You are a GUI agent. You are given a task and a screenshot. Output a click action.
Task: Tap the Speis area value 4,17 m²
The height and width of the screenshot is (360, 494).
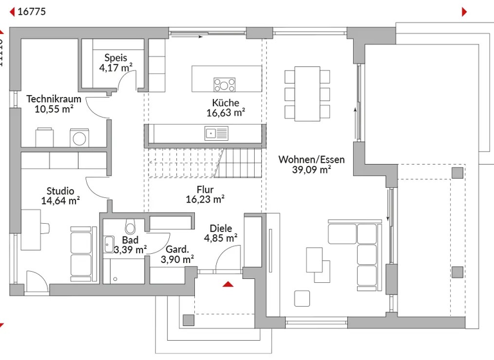click(116, 67)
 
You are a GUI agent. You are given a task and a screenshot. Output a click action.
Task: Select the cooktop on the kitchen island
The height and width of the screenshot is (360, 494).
click(224, 84)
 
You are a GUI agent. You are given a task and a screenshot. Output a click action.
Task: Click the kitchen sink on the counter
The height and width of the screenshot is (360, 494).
click(216, 133)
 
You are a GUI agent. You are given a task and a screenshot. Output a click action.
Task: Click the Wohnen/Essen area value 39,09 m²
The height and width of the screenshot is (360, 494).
click(311, 170)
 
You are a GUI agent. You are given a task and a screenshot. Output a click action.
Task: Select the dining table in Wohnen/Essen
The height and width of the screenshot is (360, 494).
click(307, 93)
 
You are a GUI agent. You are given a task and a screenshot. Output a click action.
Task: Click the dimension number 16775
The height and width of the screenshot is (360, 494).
click(31, 12)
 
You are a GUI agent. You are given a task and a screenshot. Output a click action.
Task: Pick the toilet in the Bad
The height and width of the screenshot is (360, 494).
click(131, 228)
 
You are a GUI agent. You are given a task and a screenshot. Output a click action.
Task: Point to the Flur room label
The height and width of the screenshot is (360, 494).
click(205, 190)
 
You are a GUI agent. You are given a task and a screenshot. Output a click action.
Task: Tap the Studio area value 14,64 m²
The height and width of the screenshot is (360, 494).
click(60, 201)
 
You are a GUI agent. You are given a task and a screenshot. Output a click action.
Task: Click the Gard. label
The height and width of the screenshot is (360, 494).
click(177, 249)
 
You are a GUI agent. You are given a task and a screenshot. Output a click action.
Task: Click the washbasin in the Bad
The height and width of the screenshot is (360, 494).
click(109, 244)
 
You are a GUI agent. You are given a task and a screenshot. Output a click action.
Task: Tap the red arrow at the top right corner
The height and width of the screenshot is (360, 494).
click(464, 12)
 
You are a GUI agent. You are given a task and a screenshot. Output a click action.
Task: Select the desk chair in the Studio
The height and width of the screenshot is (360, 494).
click(44, 226)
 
